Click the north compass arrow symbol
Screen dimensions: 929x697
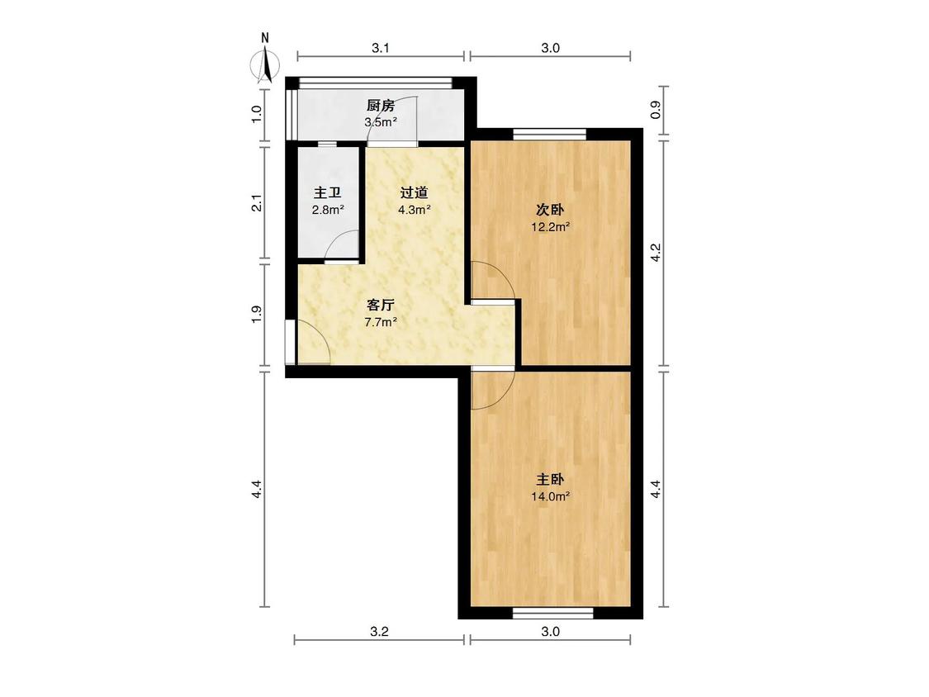[x=267, y=65]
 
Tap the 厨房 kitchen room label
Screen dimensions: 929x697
[x=381, y=106]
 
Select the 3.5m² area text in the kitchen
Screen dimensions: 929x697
[x=381, y=123]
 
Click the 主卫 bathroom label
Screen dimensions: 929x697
[x=328, y=193]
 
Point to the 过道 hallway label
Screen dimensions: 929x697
[x=415, y=192]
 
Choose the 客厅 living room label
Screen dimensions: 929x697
[x=381, y=306]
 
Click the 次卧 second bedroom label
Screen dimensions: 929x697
[x=551, y=210]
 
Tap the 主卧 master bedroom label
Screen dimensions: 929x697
[x=551, y=480]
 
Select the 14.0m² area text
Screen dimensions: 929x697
[x=551, y=496]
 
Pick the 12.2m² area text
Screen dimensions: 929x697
[x=551, y=226]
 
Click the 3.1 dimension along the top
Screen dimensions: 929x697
[x=381, y=48]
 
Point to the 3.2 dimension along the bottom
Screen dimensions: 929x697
[x=379, y=632]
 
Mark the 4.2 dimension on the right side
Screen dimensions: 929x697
[x=656, y=253]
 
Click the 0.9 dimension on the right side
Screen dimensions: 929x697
[x=656, y=110]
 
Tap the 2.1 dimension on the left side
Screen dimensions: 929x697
[x=257, y=203]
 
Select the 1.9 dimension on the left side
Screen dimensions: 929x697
[x=257, y=314]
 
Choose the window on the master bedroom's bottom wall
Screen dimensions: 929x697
[x=552, y=613]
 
